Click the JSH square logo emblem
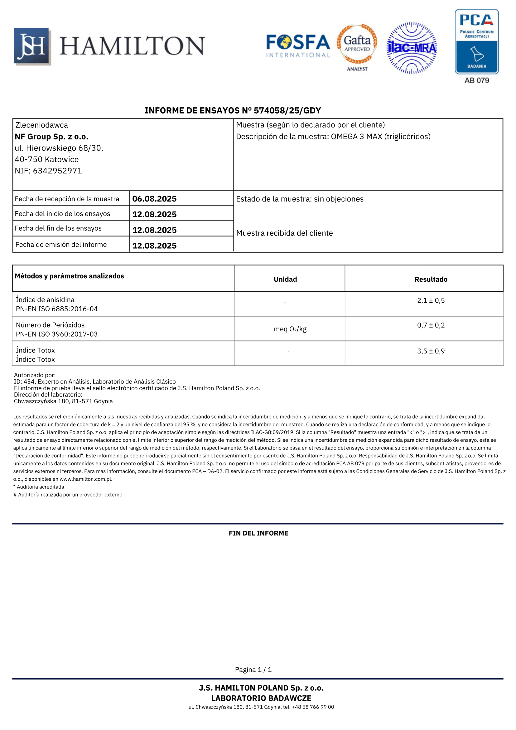tap(32, 46)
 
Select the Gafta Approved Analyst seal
tap(357, 47)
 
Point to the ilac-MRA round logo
tap(412, 48)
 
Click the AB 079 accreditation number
tap(477, 80)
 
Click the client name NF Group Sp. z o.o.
tap(51, 137)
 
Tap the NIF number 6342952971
tap(57, 171)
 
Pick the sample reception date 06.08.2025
tap(154, 199)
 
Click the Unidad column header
tap(285, 279)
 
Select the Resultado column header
tap(431, 279)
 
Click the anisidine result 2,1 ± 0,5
tap(431, 300)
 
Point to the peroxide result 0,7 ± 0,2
tap(431, 325)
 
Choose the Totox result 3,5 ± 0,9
tap(431, 351)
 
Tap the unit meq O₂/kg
tap(290, 329)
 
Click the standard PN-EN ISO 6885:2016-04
tap(57, 309)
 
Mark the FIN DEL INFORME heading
tap(258, 533)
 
